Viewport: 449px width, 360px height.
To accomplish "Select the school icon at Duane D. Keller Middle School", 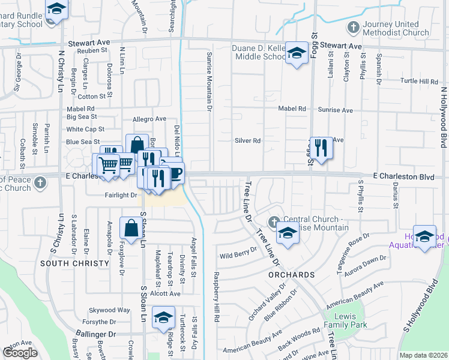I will coord(297,53).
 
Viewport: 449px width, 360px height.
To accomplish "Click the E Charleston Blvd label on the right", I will coord(403,177).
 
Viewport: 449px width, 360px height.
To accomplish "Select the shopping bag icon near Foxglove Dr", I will coord(131,228).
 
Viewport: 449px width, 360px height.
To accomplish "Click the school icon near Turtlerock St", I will coord(163,318).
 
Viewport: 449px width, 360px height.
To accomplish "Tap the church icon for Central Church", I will coord(275,223).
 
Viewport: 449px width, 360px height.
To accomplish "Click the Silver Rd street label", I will coord(247,141).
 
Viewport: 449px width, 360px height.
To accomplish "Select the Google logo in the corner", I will coord(19,352).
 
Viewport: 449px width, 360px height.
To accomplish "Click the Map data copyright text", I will coord(423,355).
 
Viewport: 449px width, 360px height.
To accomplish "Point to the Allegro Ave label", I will coord(149,119).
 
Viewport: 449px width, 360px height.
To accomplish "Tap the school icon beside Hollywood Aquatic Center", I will coord(425,237).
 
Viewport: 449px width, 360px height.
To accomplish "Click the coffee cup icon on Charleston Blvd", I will coord(173,173).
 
